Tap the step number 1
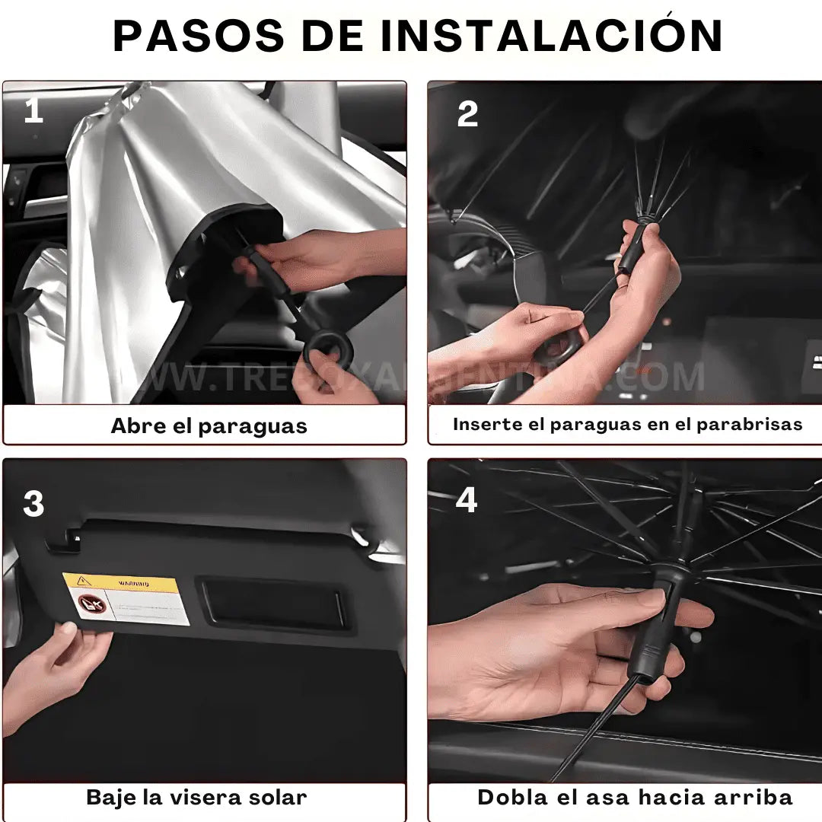[33, 112]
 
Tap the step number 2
[467, 114]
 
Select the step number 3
[33, 504]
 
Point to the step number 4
[466, 501]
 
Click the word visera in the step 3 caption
[209, 798]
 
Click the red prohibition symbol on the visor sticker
[89, 606]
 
